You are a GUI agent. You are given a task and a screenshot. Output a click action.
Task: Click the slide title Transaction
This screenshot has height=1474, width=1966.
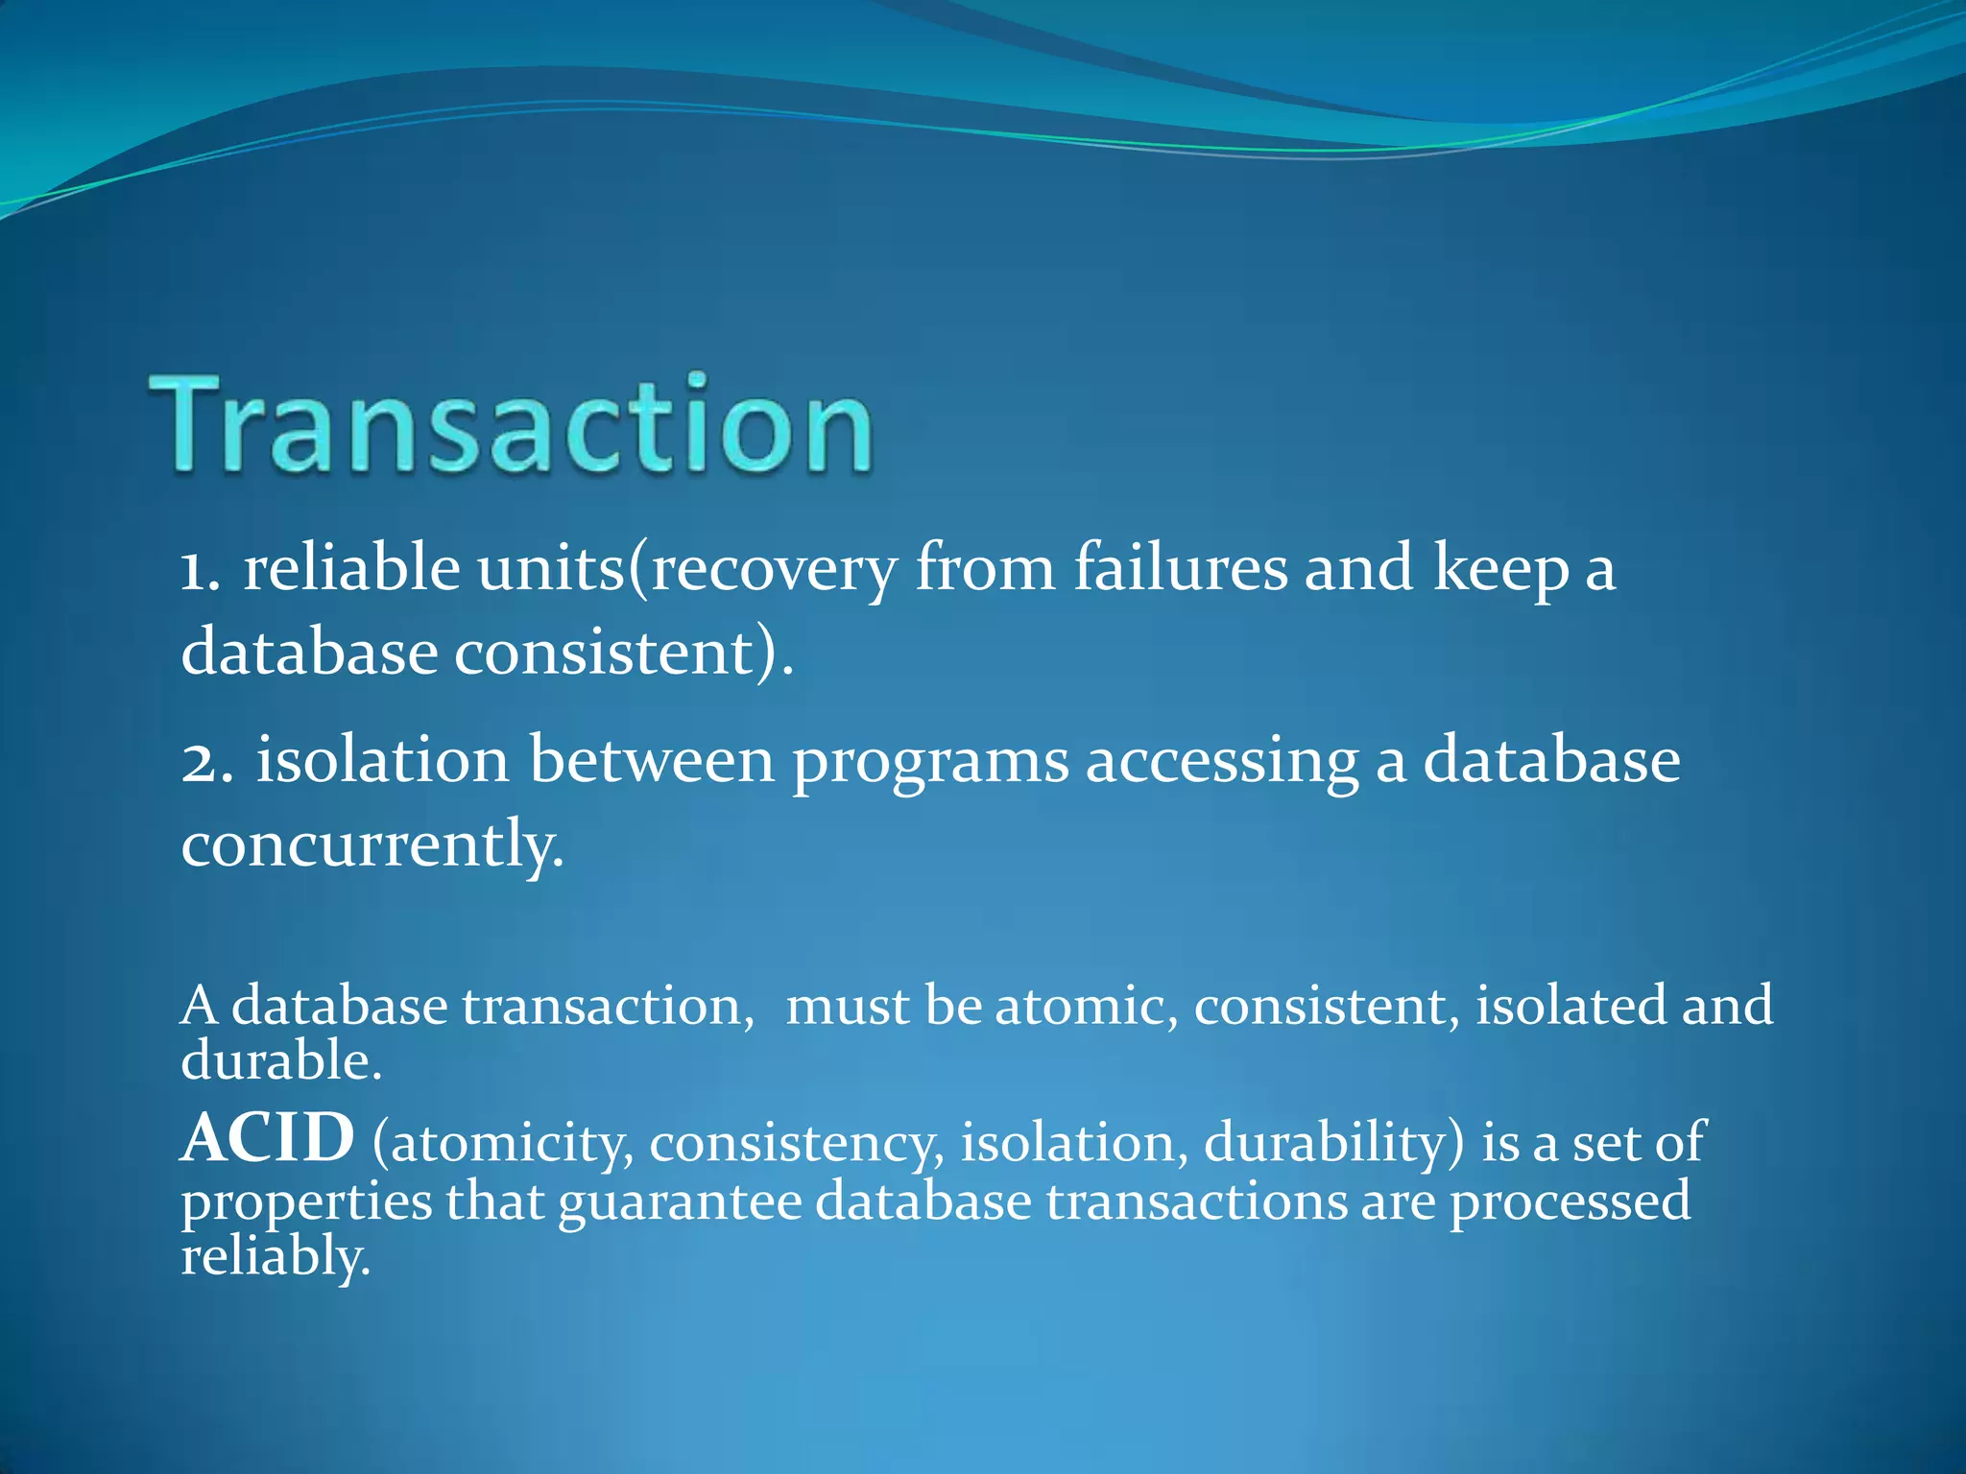[512, 424]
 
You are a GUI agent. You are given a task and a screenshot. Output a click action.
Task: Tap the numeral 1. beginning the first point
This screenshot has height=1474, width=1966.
[201, 569]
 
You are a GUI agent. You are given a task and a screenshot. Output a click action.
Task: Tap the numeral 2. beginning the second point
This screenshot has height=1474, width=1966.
[206, 761]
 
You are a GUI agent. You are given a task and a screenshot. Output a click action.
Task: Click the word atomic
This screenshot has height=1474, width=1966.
[1086, 1007]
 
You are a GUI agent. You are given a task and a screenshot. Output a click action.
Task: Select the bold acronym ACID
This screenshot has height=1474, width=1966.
[268, 1140]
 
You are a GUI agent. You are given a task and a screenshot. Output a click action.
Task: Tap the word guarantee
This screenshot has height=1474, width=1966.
[680, 1203]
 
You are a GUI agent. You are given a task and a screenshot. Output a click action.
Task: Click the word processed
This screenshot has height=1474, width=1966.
[1570, 1203]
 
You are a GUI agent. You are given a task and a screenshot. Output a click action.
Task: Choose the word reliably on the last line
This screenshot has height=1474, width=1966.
[275, 1257]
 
